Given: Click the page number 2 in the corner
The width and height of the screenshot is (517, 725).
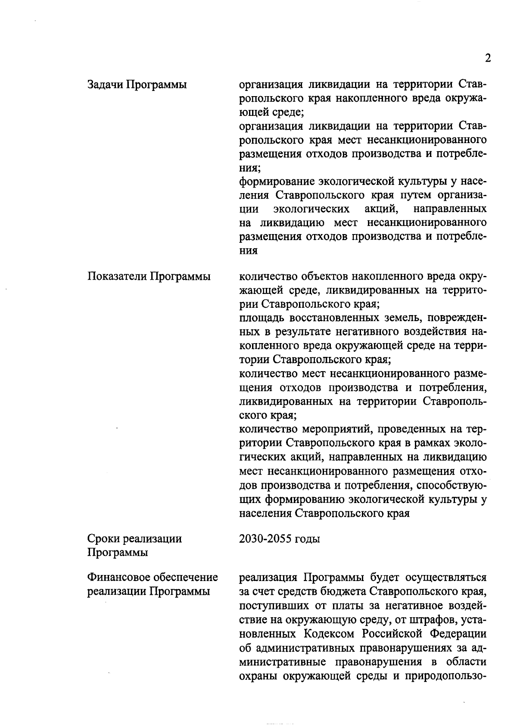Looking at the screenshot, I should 488,58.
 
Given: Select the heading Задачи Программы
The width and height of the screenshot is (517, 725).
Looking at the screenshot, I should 137,85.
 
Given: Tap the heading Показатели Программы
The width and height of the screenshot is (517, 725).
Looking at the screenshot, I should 149,276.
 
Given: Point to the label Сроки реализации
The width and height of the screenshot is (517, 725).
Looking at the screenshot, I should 135,538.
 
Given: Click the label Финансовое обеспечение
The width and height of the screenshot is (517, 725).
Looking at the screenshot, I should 153,577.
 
